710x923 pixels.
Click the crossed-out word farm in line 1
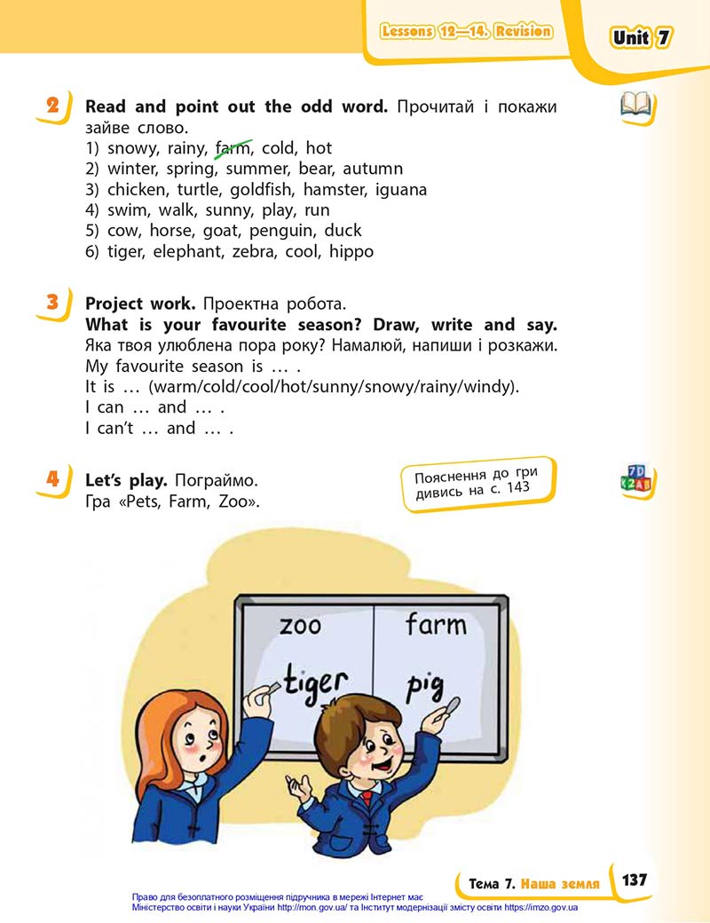coord(233,148)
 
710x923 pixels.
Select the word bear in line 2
coord(316,169)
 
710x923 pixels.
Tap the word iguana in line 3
coord(400,190)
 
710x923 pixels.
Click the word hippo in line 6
coord(351,252)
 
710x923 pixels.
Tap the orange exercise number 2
coord(53,106)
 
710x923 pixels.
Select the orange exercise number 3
coord(53,302)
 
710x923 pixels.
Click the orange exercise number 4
coord(53,478)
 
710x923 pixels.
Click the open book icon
coord(635,105)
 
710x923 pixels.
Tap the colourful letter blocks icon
coord(635,478)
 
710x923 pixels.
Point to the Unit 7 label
coord(641,37)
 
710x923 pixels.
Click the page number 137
coord(634,880)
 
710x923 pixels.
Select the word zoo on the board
coord(300,625)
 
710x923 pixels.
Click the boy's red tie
coord(367,799)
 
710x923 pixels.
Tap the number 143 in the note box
coord(517,487)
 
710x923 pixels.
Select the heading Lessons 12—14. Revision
coord(466,31)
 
